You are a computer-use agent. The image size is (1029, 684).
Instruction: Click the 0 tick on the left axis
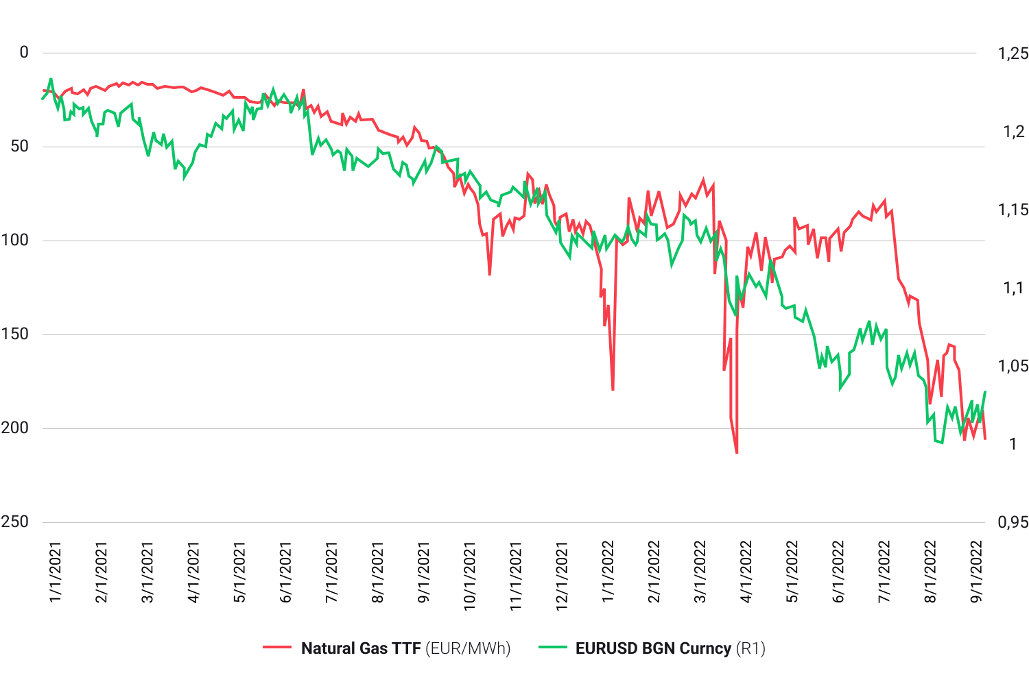coord(24,53)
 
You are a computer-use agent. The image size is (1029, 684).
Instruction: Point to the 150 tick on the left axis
coord(14,334)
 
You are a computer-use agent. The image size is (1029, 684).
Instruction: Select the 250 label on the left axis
coord(14,522)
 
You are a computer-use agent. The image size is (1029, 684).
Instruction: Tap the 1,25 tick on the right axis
coord(1013,53)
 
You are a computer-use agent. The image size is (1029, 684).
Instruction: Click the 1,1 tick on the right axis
coord(1013,288)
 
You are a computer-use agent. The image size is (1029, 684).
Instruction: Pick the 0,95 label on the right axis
coord(1013,522)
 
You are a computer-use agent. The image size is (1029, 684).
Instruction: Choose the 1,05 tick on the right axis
coord(1013,366)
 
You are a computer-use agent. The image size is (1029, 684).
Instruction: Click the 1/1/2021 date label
coord(56,572)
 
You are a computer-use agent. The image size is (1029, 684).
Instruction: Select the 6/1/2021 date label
coord(286,572)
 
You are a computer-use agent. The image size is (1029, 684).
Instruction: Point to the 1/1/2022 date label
coord(608,572)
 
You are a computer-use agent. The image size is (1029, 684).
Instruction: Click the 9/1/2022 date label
coord(976,572)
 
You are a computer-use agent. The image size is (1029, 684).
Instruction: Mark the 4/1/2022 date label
coord(746,572)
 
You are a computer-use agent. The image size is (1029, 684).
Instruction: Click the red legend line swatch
coord(277,648)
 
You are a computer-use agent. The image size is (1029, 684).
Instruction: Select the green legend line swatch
coord(552,648)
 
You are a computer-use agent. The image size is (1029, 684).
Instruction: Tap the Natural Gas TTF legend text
coord(361,648)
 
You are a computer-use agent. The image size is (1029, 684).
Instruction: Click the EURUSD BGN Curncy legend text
coord(652,648)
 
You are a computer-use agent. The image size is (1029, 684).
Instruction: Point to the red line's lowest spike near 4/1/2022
coord(737,452)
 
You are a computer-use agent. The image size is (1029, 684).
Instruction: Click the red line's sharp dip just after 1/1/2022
coord(613,389)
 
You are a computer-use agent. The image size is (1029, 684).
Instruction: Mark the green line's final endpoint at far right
coord(985,392)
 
